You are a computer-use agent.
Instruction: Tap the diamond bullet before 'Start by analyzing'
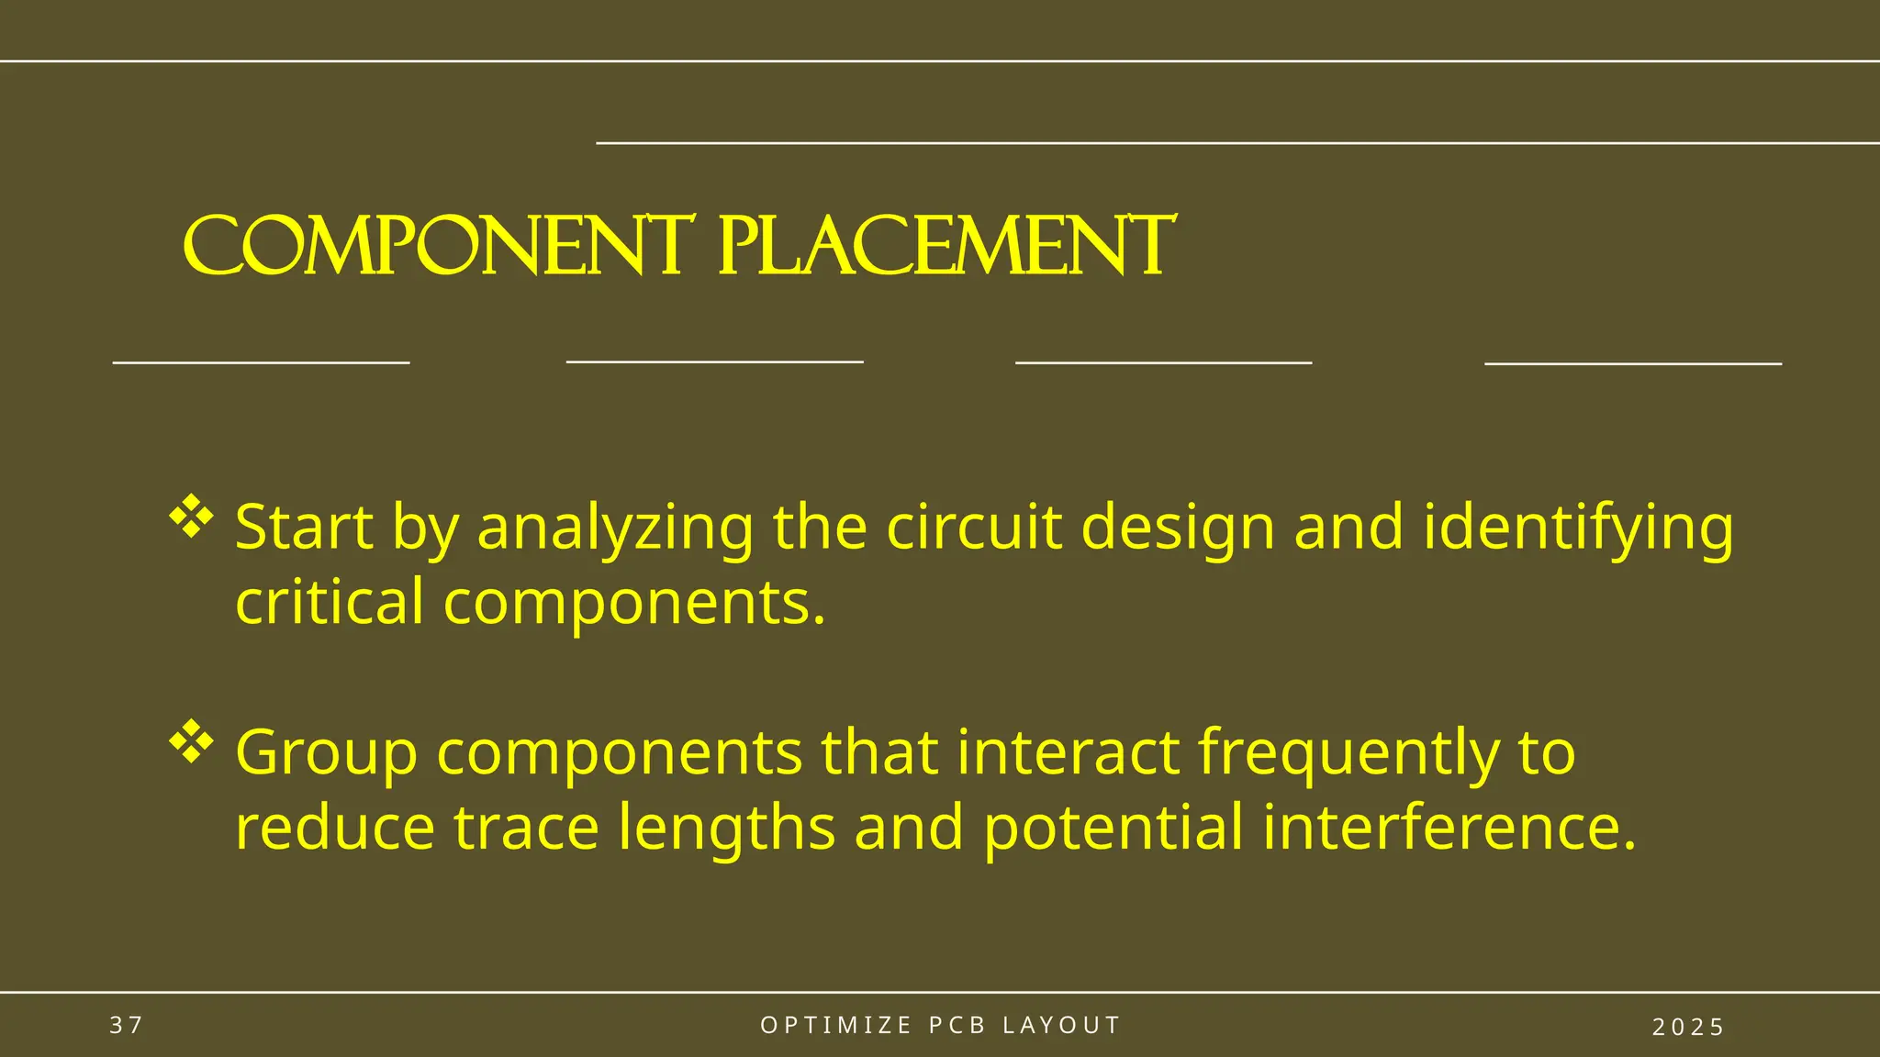(x=191, y=516)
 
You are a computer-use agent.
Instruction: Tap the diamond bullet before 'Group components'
(x=191, y=741)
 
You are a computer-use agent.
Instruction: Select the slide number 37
(x=127, y=1025)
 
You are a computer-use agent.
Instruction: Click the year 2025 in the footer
(x=1688, y=1027)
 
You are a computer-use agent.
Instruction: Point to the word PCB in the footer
(x=957, y=1025)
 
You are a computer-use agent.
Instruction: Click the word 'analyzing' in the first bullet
(x=615, y=529)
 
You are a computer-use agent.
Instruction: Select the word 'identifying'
(x=1578, y=529)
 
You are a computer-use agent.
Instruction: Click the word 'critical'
(x=330, y=603)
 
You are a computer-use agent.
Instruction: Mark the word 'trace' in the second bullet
(x=526, y=828)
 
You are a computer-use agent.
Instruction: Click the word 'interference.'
(x=1449, y=828)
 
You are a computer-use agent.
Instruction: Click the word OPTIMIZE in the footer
(x=836, y=1025)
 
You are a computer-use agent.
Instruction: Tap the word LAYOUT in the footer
(x=1061, y=1025)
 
